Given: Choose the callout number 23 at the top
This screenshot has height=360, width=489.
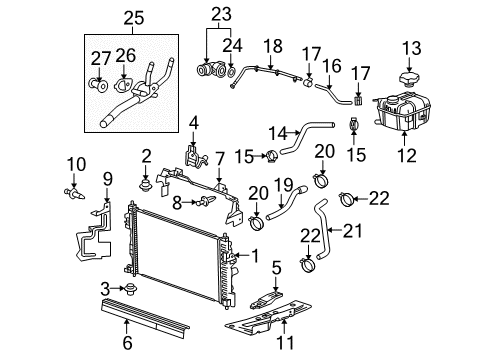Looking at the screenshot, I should (221, 14).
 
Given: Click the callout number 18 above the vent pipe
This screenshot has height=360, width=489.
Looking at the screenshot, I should (267, 46).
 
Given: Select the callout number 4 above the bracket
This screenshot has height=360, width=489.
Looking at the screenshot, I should (195, 123).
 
